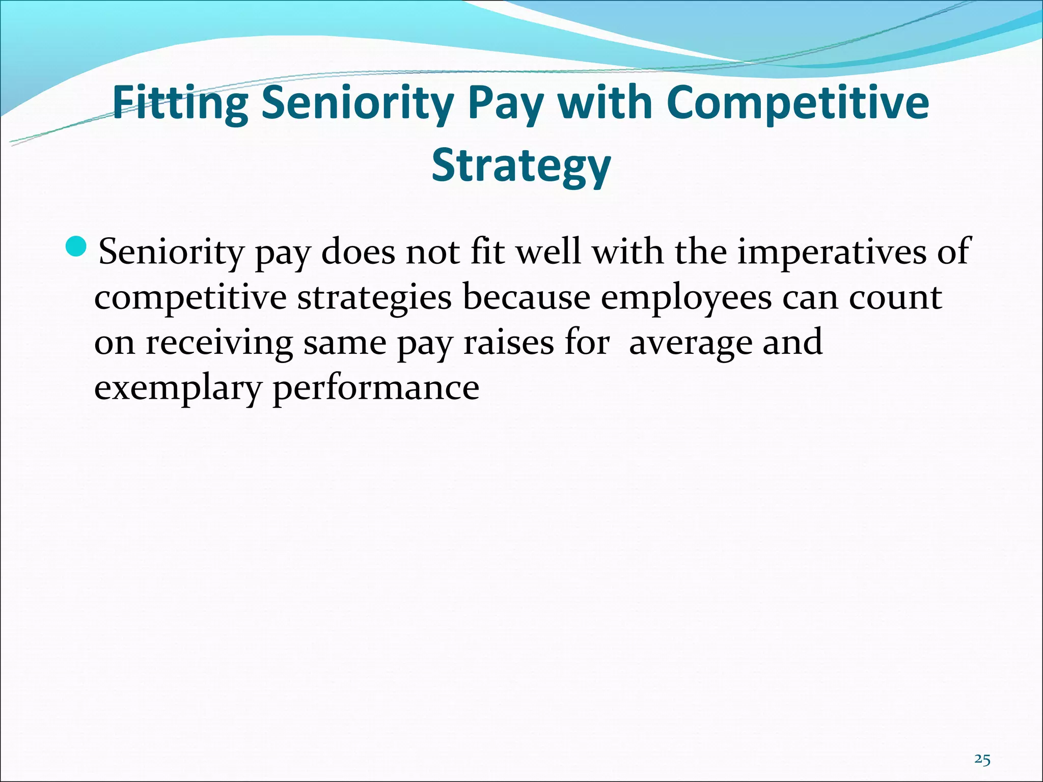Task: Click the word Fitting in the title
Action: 180,104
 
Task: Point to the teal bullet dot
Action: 77,247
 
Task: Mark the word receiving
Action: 219,343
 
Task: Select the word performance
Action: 376,388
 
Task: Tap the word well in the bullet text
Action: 548,252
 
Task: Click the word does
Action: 358,252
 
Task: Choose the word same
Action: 345,342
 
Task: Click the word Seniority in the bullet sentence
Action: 171,252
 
